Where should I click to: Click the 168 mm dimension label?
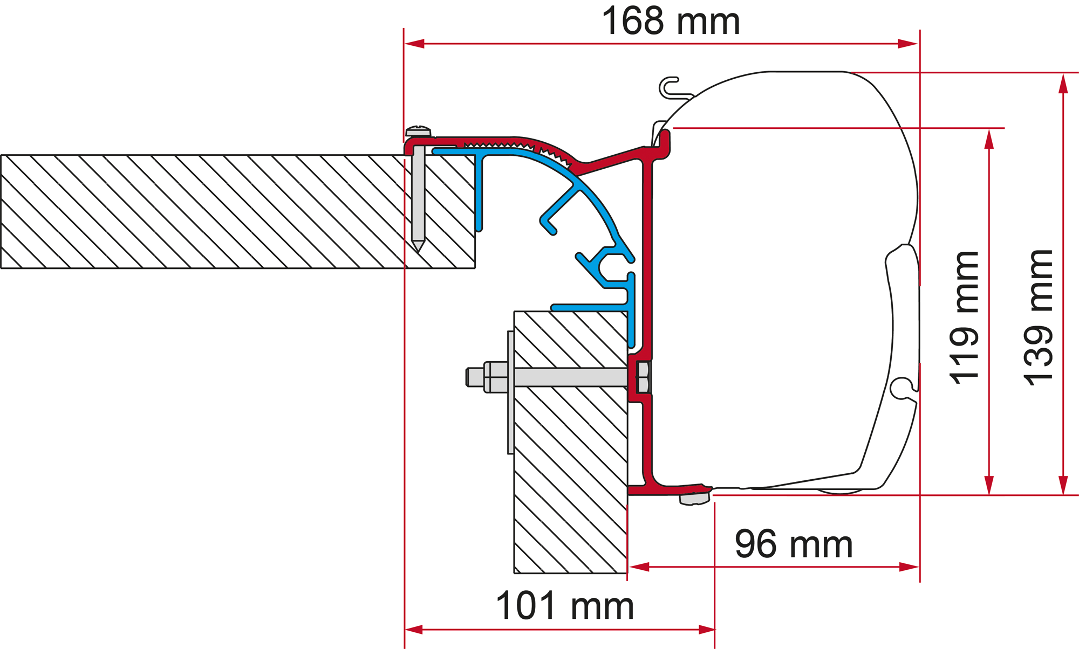click(x=671, y=21)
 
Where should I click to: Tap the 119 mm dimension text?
click(x=965, y=317)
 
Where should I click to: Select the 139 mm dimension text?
click(x=1039, y=317)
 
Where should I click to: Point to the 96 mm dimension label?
click(x=794, y=544)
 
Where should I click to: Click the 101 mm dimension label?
click(x=565, y=605)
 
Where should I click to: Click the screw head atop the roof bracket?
click(x=419, y=130)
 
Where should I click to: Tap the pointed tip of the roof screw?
click(x=418, y=251)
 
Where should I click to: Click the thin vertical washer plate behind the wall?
click(x=510, y=392)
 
